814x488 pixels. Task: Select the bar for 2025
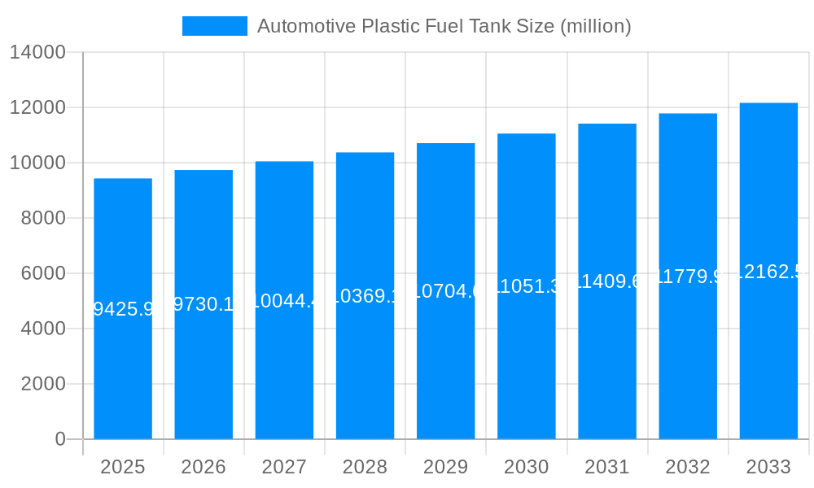pyautogui.click(x=123, y=366)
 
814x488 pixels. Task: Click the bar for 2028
pyautogui.click(x=365, y=366)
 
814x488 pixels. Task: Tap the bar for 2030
pyautogui.click(x=527, y=366)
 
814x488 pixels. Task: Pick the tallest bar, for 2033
pyautogui.click(x=768, y=366)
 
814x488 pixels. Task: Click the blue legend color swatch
pyautogui.click(x=214, y=26)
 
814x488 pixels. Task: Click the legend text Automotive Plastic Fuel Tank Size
pyautogui.click(x=444, y=26)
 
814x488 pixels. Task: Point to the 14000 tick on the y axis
pyautogui.click(x=37, y=52)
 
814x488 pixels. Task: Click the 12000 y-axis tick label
pyautogui.click(x=37, y=107)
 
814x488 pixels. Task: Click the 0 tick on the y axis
pyautogui.click(x=60, y=439)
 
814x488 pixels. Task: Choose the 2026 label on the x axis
pyautogui.click(x=203, y=467)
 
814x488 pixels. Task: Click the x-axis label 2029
pyautogui.click(x=445, y=467)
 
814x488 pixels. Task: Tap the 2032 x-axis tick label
pyautogui.click(x=688, y=467)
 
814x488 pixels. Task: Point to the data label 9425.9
pyautogui.click(x=123, y=309)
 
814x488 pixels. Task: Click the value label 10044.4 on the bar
pyautogui.click(x=284, y=301)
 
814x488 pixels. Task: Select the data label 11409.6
pyautogui.click(x=607, y=281)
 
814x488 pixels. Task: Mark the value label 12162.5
pyautogui.click(x=768, y=272)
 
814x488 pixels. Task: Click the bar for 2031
pyautogui.click(x=607, y=366)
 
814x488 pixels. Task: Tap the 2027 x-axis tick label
pyautogui.click(x=284, y=467)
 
